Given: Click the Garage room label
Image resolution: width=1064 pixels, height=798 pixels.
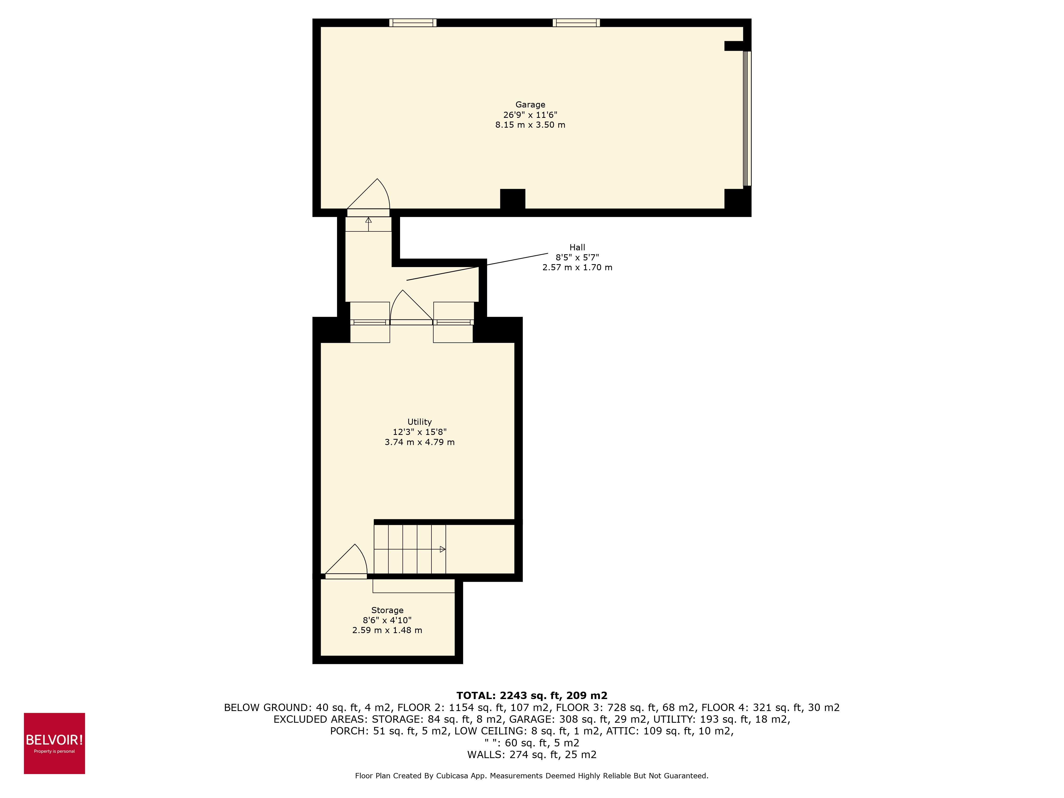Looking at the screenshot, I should coord(530,104).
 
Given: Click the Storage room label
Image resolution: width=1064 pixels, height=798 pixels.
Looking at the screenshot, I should coord(387,610).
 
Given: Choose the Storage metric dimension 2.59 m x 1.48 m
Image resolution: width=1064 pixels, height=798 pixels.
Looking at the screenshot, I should coord(387,630).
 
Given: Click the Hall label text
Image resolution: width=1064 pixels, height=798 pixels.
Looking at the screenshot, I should coord(577,247).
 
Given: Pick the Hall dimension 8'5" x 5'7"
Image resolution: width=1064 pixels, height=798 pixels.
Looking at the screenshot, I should coord(577,257).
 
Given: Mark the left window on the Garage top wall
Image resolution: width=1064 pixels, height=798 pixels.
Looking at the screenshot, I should coord(413,23).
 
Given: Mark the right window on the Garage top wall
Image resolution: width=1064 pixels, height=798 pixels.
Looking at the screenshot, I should coord(576,23).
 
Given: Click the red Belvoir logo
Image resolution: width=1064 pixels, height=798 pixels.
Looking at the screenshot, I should coord(54,743).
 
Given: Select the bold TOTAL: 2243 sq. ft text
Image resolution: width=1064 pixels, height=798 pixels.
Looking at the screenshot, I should coord(531,696).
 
